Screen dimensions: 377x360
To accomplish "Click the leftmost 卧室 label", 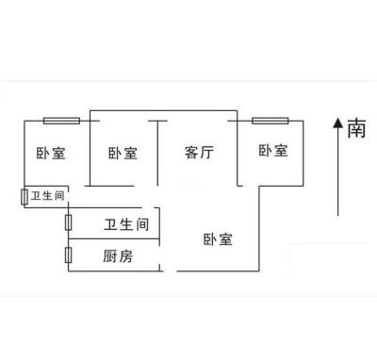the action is point(51,153).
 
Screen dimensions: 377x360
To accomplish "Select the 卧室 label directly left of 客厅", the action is point(123,153).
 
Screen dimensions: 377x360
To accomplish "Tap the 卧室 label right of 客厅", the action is point(273,151).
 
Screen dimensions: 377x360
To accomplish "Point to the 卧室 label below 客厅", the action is point(218,239).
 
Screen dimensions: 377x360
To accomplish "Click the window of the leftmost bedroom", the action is point(61,121).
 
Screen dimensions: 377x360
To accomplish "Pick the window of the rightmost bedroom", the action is point(270,121).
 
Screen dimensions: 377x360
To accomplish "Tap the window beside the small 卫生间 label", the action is point(25,197).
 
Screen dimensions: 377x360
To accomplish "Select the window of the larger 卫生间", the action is point(68,222).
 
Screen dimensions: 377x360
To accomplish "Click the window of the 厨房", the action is point(68,255).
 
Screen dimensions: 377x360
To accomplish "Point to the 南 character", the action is point(356,128).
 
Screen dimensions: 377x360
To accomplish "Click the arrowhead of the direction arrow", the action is point(338,123).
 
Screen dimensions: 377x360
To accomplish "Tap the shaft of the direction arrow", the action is point(338,172).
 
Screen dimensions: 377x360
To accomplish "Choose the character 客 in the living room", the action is point(191,153).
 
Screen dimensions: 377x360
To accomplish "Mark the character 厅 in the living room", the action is point(206,153).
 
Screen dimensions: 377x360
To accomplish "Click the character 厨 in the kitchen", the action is point(110,256).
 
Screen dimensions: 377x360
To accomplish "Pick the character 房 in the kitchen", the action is point(125,256).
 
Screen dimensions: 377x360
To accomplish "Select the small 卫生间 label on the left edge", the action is point(47,196).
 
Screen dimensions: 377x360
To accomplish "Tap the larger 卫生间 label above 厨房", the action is point(126,224).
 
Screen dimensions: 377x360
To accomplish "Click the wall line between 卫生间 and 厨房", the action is point(114,238).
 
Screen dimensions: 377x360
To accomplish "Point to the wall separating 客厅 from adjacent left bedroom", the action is point(157,154).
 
